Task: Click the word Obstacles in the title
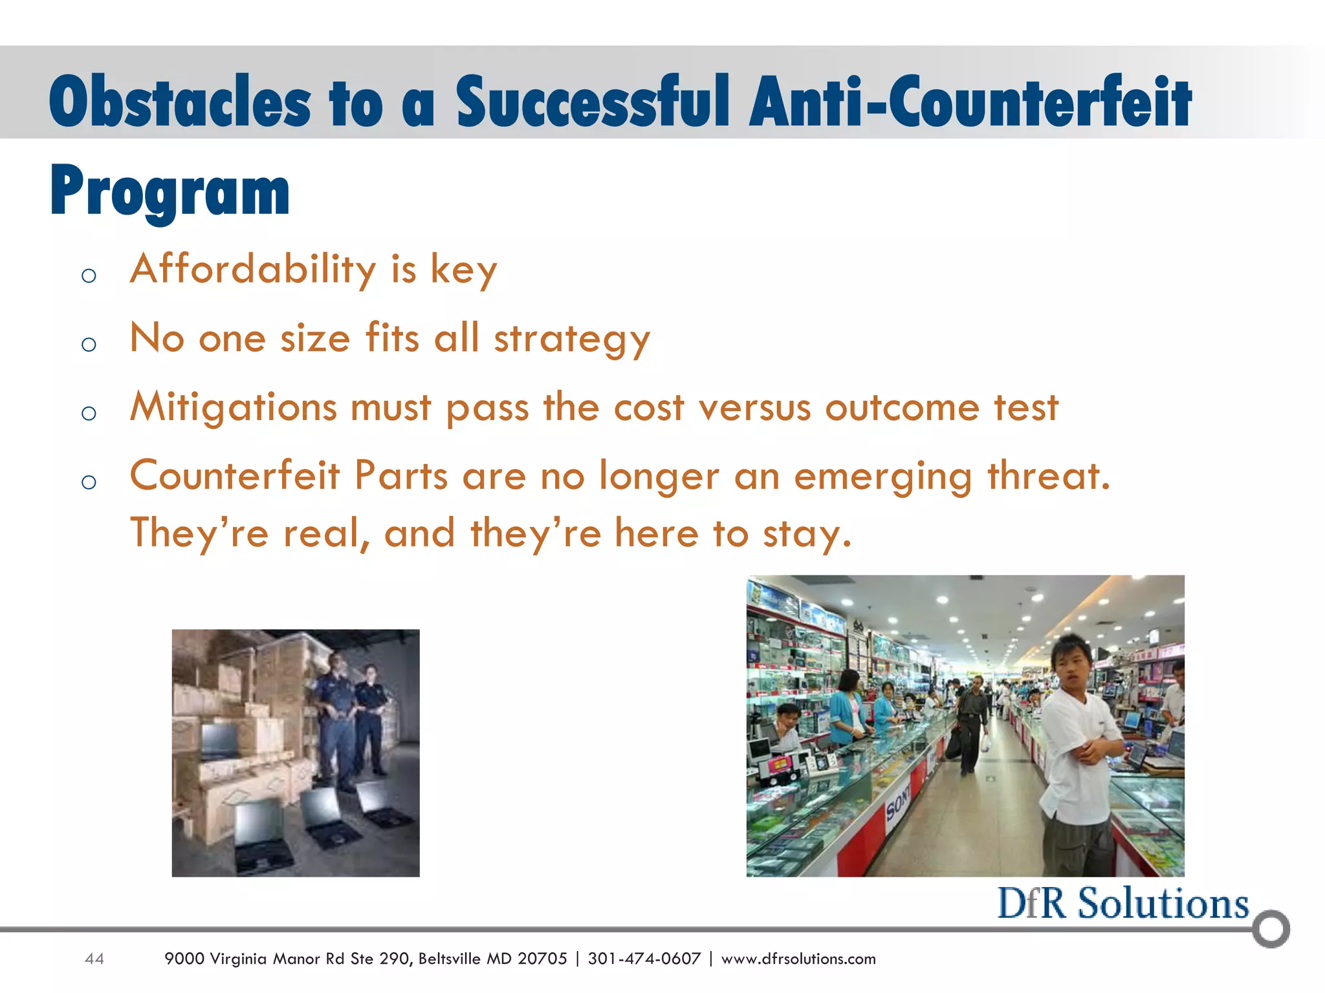tap(179, 103)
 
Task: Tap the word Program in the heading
tap(170, 191)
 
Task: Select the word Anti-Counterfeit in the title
tap(970, 103)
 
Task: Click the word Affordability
tap(253, 269)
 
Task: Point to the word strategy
tap(572, 339)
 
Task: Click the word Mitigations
tap(234, 408)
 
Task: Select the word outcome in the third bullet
tap(902, 408)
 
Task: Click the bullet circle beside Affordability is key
tap(89, 276)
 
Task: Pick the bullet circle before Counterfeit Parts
tap(89, 482)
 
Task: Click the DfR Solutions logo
tap(1122, 904)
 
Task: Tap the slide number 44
tap(94, 959)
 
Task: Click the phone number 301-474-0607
tap(644, 959)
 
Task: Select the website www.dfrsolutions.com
tap(798, 959)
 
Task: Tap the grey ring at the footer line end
tap(1271, 929)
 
